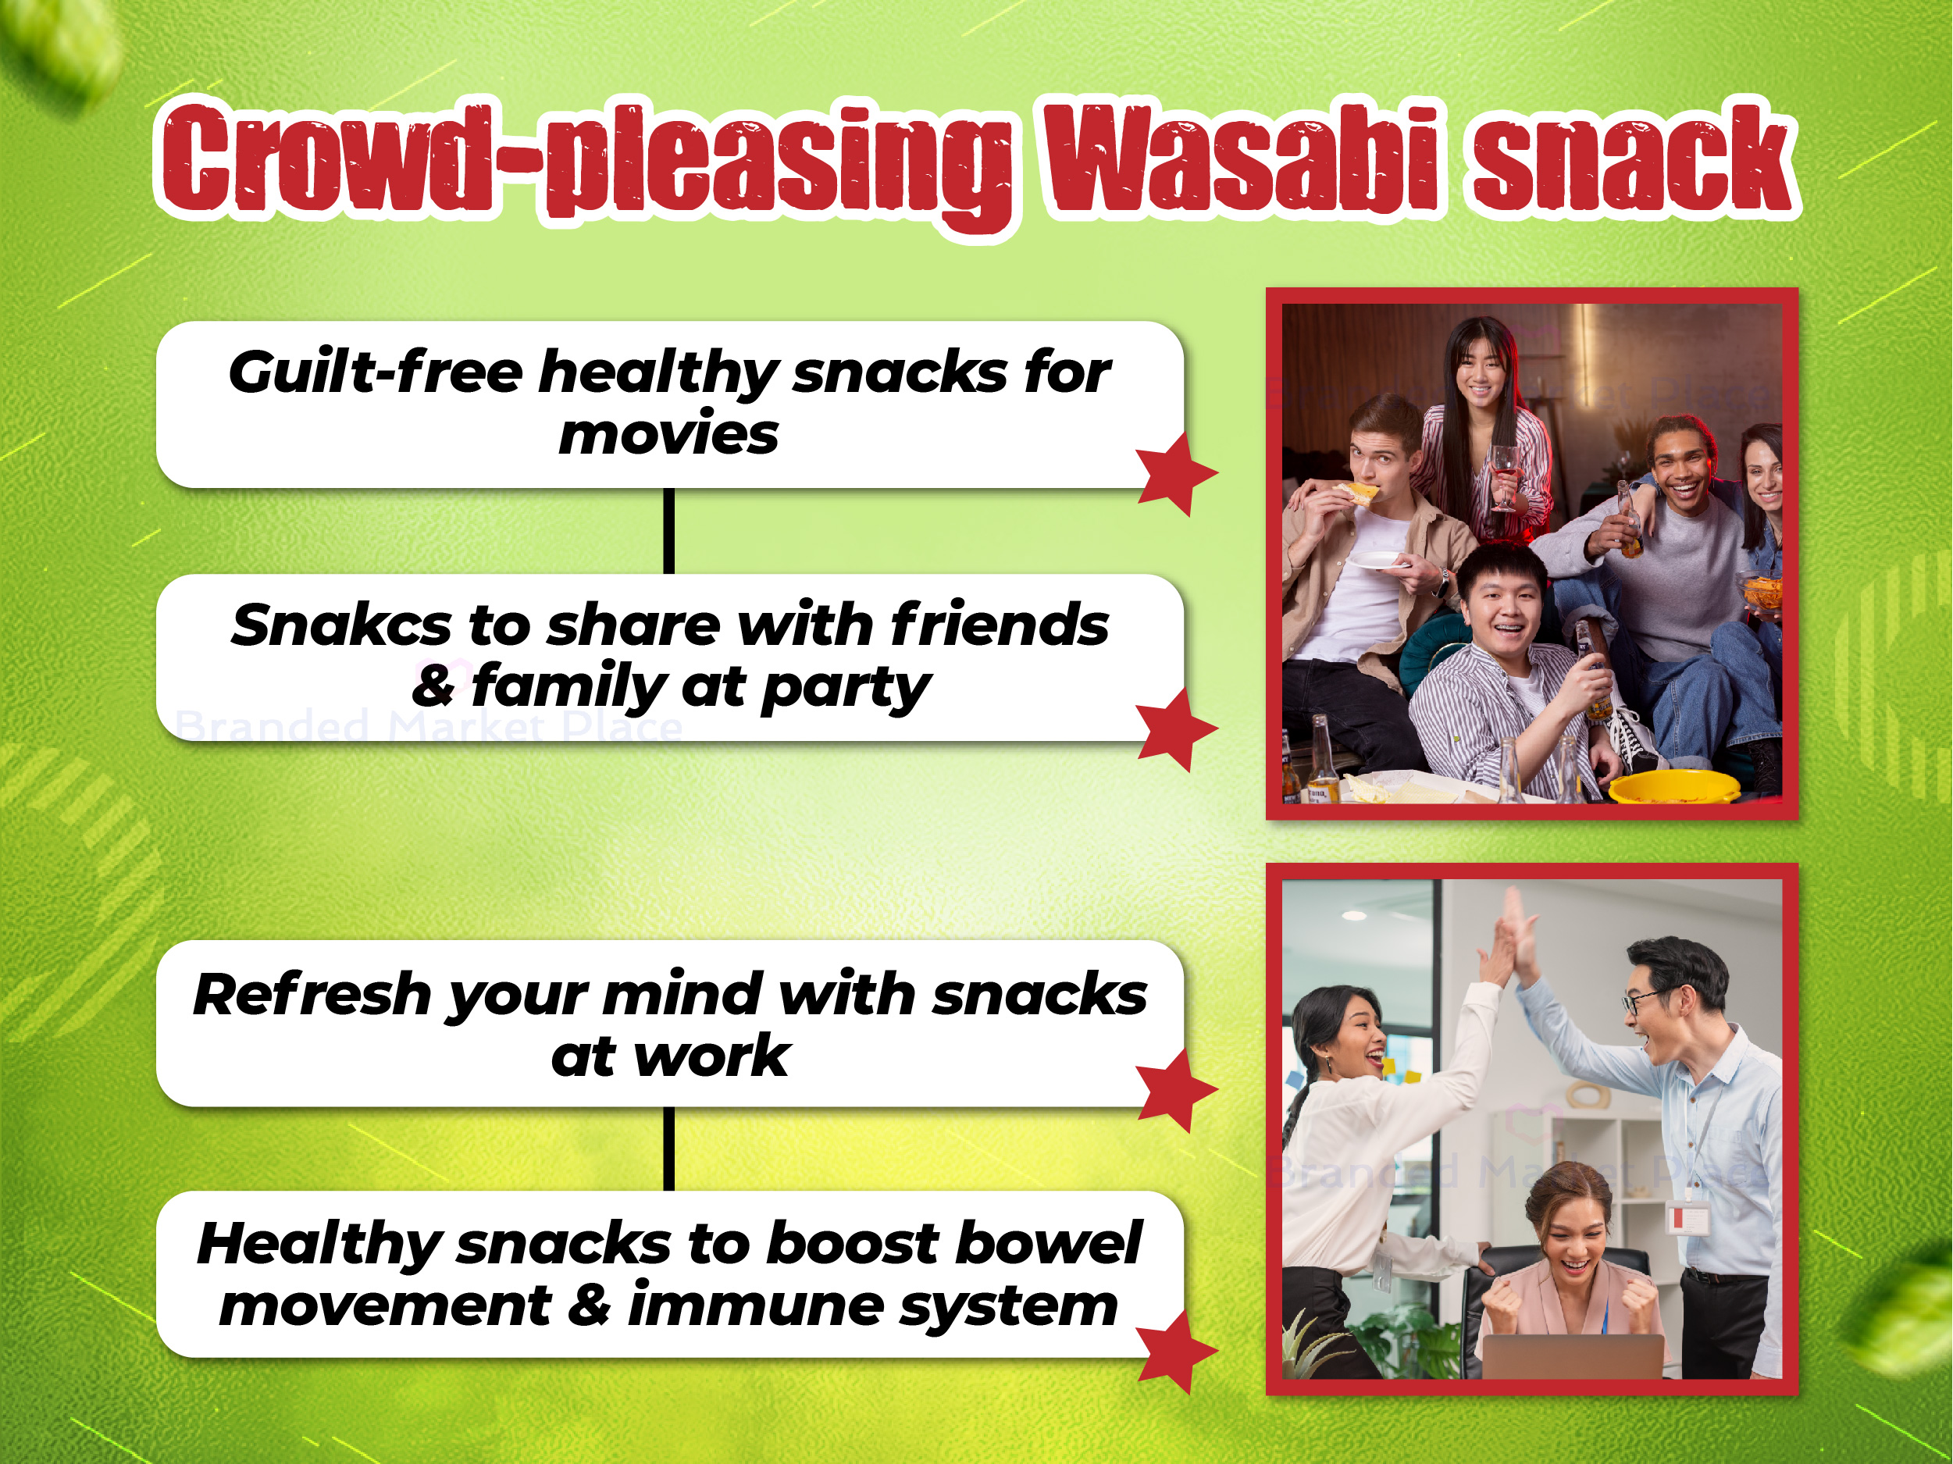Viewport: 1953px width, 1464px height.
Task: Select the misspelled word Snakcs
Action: (344, 625)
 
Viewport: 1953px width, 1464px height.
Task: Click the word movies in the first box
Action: (668, 434)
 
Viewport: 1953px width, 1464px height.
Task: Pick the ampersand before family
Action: (433, 686)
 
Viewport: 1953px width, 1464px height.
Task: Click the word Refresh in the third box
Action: (312, 994)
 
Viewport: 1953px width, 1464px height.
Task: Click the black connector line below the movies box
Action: (668, 531)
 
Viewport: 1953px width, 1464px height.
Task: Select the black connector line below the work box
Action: (668, 1149)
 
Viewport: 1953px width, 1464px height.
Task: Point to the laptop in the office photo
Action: (1573, 1356)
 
